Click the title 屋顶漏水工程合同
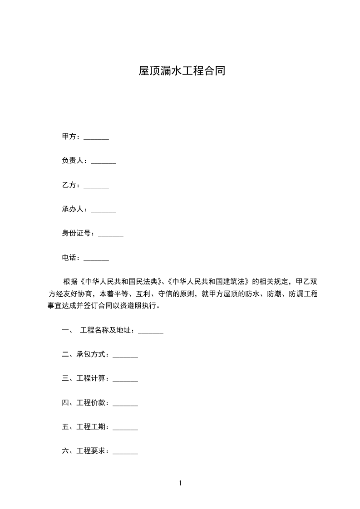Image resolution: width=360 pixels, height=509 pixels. pyautogui.click(x=182, y=71)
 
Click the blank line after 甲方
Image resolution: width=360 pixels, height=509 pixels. pyautogui.click(x=96, y=137)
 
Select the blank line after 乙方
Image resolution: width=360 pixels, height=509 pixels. pyautogui.click(x=96, y=185)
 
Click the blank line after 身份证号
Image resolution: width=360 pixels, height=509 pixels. pyautogui.click(x=111, y=234)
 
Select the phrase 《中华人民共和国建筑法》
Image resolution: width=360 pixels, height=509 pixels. pyautogui.click(x=207, y=281)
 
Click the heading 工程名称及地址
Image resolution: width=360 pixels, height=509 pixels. pyautogui.click(x=106, y=331)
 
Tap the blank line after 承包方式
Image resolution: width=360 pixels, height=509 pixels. pyautogui.click(x=125, y=355)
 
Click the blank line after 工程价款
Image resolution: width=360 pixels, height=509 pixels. pyautogui.click(x=125, y=403)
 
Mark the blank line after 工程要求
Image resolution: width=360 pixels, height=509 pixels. pyautogui.click(x=125, y=451)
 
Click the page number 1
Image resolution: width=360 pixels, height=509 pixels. pyautogui.click(x=180, y=483)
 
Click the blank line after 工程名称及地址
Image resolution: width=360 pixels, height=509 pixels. pyautogui.click(x=150, y=331)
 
